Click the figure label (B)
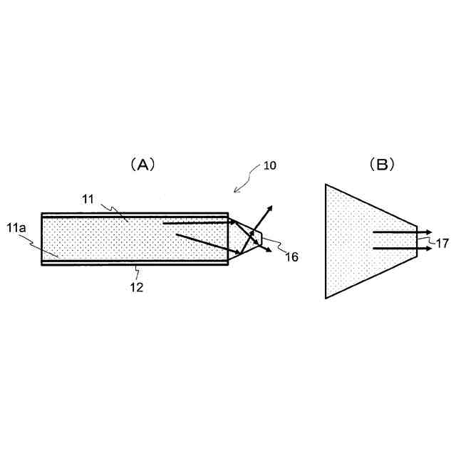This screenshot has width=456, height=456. click(x=382, y=165)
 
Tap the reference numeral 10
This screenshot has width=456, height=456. click(x=270, y=165)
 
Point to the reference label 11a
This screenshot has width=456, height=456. click(x=16, y=228)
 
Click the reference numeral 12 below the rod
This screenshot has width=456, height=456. click(x=136, y=288)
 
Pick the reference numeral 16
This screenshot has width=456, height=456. click(x=291, y=257)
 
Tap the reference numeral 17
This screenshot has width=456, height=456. click(x=442, y=243)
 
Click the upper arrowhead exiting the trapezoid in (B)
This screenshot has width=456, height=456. click(x=428, y=232)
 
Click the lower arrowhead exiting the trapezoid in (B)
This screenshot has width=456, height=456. click(x=428, y=248)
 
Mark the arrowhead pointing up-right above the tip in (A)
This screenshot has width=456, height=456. click(x=269, y=207)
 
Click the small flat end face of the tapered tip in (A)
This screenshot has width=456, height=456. click(x=262, y=237)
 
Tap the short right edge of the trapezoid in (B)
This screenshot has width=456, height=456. click(x=417, y=240)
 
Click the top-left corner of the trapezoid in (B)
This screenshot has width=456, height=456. click(x=326, y=185)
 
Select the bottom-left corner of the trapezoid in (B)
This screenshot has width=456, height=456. click(x=326, y=298)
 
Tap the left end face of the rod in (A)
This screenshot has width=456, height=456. click(x=42, y=239)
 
